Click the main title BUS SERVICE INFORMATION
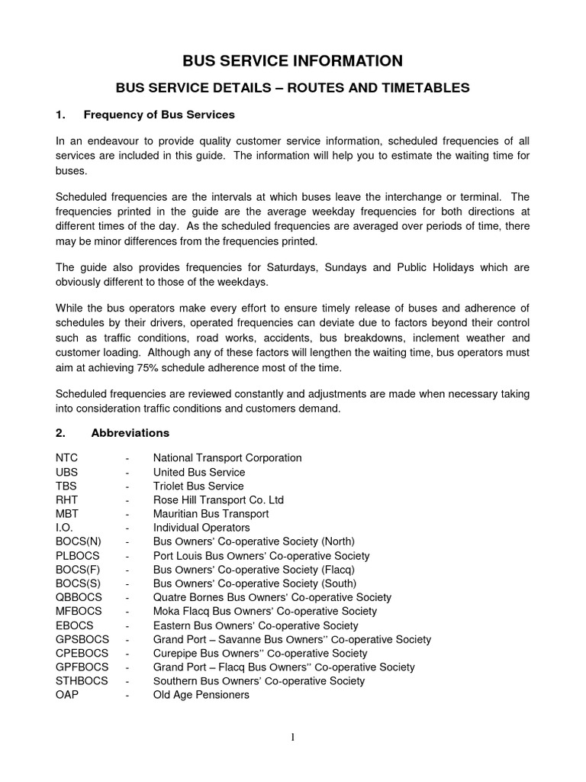(293, 60)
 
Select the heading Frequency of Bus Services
(159, 115)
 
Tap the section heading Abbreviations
(130, 433)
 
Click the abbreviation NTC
(67, 458)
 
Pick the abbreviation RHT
(67, 500)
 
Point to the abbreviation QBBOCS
(79, 597)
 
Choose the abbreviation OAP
(67, 695)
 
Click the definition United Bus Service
(198, 472)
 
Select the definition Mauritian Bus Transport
(211, 514)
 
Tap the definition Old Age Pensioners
(201, 695)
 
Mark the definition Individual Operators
(201, 528)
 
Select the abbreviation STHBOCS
(82, 680)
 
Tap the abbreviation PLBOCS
(79, 556)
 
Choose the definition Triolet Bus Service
(198, 486)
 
